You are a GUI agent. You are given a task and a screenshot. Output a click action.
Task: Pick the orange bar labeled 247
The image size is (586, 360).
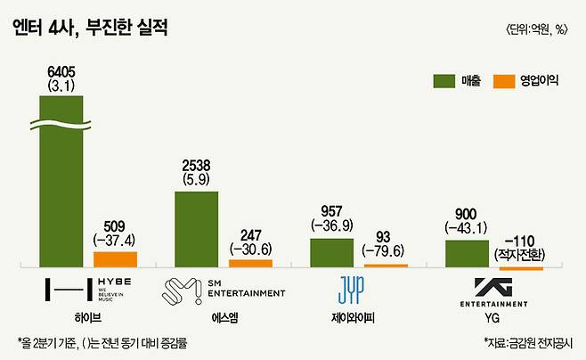point(250,263)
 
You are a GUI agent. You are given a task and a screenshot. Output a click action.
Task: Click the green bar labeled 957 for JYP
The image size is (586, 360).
point(331,252)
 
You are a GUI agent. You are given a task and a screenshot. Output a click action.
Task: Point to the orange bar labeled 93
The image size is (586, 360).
point(386,266)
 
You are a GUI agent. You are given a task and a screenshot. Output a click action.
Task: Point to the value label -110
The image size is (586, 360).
point(520,241)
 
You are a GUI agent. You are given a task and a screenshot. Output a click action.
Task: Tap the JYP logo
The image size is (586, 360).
point(350,290)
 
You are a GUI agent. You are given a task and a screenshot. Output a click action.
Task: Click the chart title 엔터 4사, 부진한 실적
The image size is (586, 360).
point(90,28)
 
